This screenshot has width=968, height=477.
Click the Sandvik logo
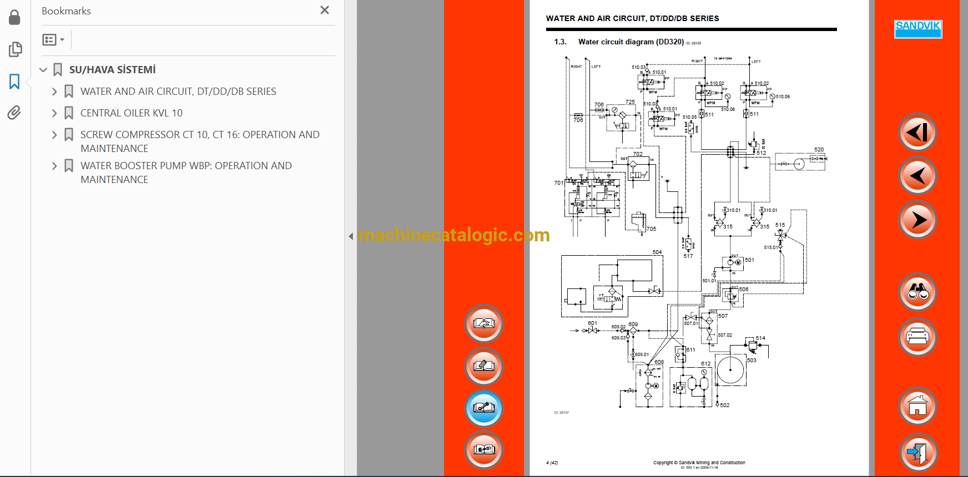pyautogui.click(x=918, y=29)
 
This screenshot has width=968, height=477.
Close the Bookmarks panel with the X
pyautogui.click(x=325, y=10)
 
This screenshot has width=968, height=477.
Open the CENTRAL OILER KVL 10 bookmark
pyautogui.click(x=131, y=113)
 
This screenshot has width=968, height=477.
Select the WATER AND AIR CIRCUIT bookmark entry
pyautogui.click(x=178, y=92)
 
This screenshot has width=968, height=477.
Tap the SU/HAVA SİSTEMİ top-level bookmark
pyautogui.click(x=112, y=70)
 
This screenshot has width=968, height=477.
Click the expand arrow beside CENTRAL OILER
pyautogui.click(x=54, y=113)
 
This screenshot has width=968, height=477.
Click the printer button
pyautogui.click(x=917, y=337)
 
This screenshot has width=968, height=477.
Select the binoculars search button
pyautogui.click(x=917, y=292)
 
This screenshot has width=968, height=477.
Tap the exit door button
pyautogui.click(x=917, y=452)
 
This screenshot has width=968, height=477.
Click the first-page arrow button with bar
pyautogui.click(x=917, y=132)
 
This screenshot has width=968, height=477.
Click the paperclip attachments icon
pyautogui.click(x=14, y=113)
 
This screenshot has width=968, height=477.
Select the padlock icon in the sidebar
pyautogui.click(x=14, y=18)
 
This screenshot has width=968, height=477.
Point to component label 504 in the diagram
pyautogui.click(x=657, y=252)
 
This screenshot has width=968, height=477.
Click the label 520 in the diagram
pyautogui.click(x=819, y=150)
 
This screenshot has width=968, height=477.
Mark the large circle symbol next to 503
pyautogui.click(x=730, y=369)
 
